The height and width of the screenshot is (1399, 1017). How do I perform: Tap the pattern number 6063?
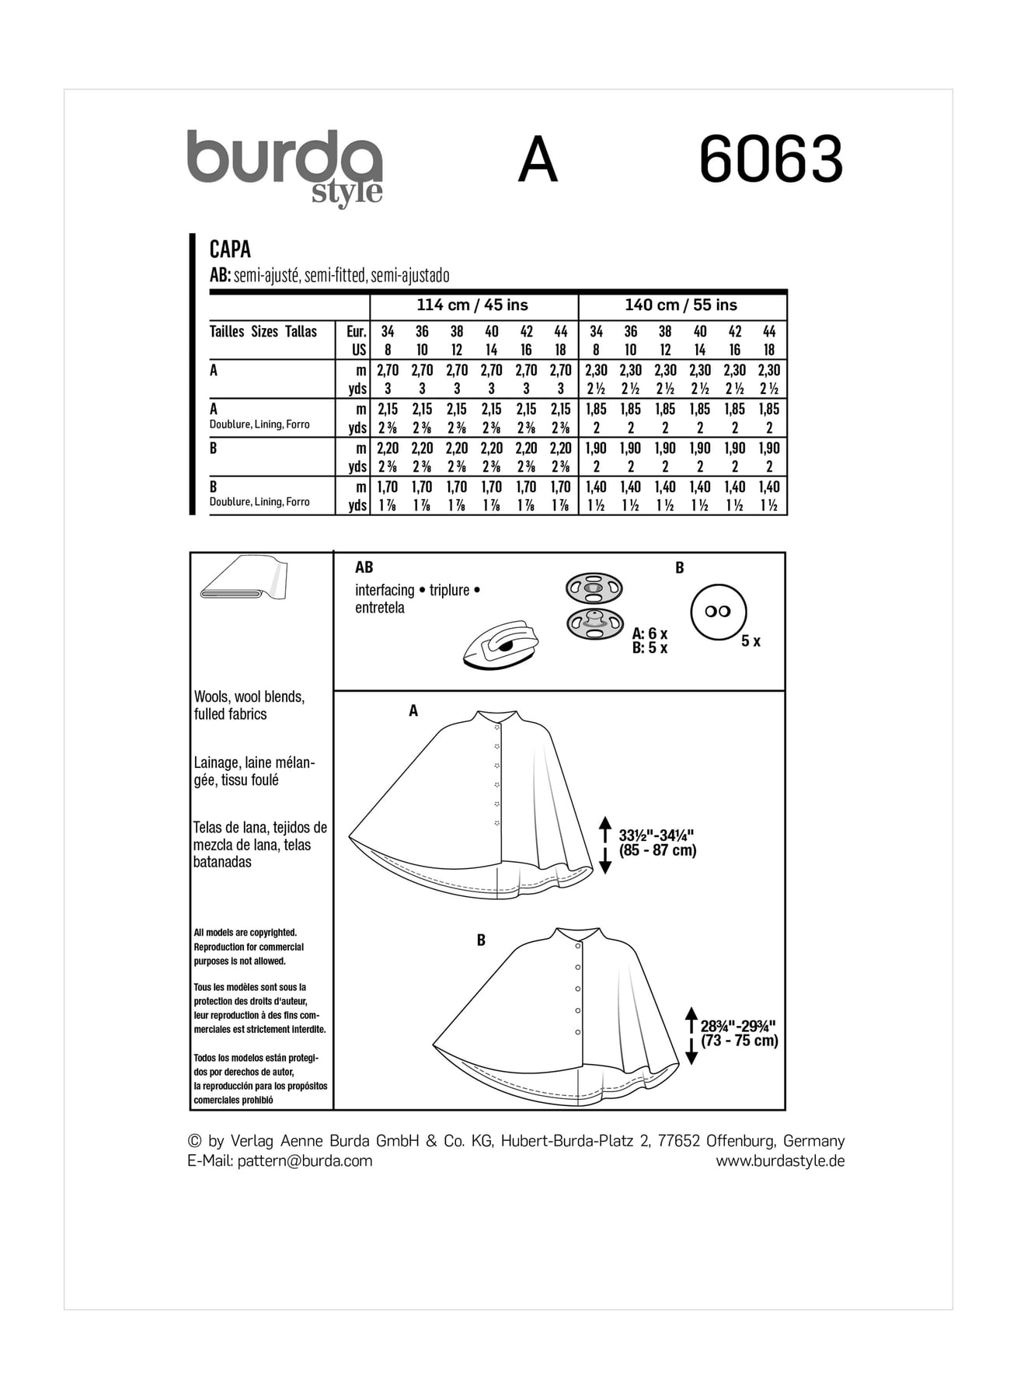[x=770, y=160]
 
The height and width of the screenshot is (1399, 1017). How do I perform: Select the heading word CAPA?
[x=230, y=249]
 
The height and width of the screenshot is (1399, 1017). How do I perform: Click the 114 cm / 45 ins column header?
[x=472, y=305]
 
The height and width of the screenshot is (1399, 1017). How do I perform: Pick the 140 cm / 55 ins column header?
[x=681, y=305]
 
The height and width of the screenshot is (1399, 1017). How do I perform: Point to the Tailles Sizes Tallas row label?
[x=263, y=332]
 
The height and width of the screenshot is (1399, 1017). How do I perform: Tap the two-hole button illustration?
[x=718, y=612]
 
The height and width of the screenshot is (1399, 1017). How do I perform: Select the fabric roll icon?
[x=244, y=579]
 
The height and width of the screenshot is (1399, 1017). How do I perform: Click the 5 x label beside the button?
[x=751, y=642]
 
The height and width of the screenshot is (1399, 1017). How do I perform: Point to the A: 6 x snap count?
[x=650, y=634]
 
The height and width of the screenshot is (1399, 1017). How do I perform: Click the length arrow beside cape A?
[x=606, y=845]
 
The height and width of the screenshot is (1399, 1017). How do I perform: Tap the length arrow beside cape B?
[x=691, y=1035]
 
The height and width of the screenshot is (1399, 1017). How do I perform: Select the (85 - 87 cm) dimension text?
[x=657, y=851]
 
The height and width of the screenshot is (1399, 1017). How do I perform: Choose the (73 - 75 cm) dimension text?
[x=739, y=1041]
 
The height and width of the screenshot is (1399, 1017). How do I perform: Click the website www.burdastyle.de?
[x=779, y=1161]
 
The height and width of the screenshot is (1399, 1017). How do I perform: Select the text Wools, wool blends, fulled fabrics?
[x=249, y=706]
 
